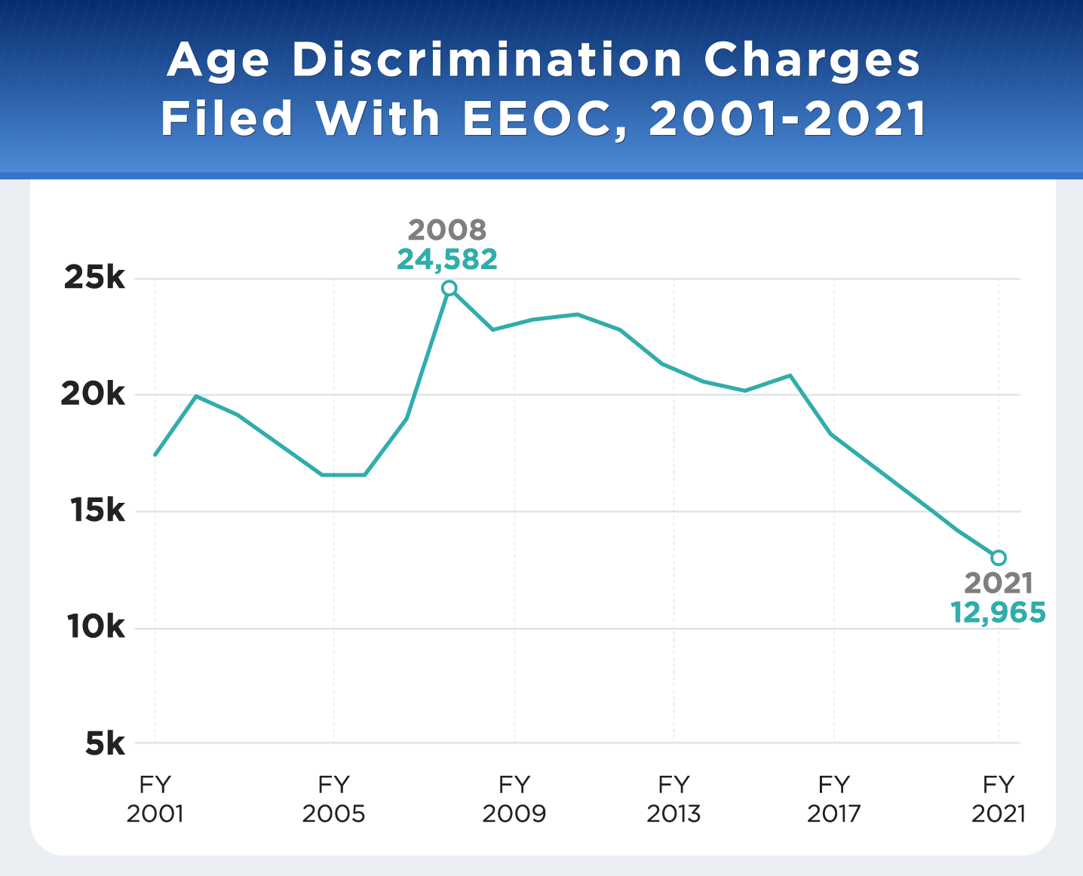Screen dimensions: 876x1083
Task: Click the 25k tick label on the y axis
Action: tap(94, 278)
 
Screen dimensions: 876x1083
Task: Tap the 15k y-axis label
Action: tap(94, 511)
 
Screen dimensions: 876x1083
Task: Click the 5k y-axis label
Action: tap(104, 744)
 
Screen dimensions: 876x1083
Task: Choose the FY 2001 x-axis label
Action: tap(155, 799)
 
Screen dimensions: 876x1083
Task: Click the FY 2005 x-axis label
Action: tap(333, 799)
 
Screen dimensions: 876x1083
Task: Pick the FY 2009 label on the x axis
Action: tap(514, 799)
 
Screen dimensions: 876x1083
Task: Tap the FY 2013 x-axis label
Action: tap(673, 799)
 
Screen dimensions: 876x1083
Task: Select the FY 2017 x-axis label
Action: tap(833, 799)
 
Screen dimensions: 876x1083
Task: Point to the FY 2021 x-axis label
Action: tap(999, 799)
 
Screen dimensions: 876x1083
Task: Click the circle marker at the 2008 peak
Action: tap(449, 288)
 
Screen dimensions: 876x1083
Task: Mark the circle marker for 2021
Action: tap(999, 558)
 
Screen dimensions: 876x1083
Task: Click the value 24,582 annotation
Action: tap(447, 259)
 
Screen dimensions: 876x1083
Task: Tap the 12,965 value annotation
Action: tap(999, 612)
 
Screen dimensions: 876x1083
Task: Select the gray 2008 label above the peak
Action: tap(447, 229)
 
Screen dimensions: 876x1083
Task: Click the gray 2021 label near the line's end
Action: tap(999, 583)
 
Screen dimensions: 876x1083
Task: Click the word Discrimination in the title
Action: tap(487, 60)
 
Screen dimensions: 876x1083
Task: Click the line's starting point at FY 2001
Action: tap(155, 455)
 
